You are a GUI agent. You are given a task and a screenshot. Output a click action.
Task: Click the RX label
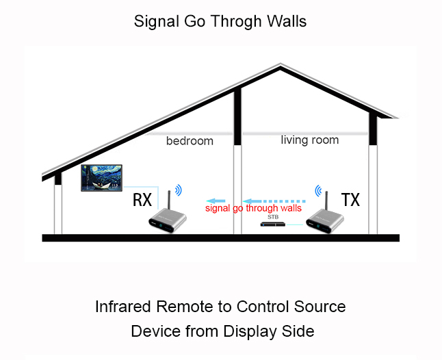[x=142, y=201]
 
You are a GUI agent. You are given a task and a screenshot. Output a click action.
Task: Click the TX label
[x=350, y=200]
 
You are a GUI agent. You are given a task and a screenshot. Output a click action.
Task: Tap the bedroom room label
[x=190, y=141]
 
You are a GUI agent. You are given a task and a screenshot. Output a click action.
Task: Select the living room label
[x=309, y=140]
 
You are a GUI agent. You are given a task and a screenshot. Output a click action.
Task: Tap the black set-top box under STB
[x=274, y=224]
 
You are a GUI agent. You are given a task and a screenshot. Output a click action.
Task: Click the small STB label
[x=273, y=216]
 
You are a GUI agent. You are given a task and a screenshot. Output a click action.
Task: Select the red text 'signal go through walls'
[x=254, y=208]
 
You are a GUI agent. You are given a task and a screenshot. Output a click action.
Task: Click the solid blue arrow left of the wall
[x=220, y=194]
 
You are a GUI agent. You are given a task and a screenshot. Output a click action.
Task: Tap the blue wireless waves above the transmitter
[x=317, y=190]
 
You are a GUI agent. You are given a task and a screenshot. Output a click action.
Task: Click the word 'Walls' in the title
[x=287, y=21]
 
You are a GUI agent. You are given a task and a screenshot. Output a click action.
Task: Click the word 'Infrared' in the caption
[x=124, y=306]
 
